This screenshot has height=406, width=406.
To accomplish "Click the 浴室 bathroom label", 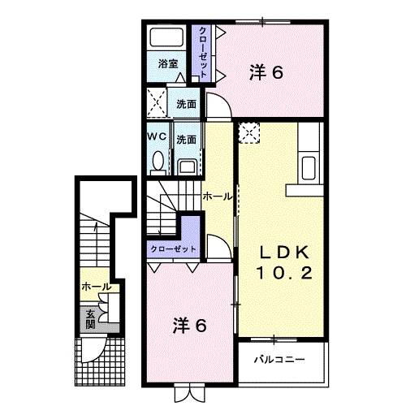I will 168,63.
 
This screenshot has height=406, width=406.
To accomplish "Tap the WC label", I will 157,137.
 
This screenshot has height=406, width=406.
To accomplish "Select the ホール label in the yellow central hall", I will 217,197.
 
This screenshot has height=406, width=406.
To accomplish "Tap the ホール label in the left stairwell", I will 97,287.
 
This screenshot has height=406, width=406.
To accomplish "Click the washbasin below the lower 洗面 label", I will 186,167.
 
